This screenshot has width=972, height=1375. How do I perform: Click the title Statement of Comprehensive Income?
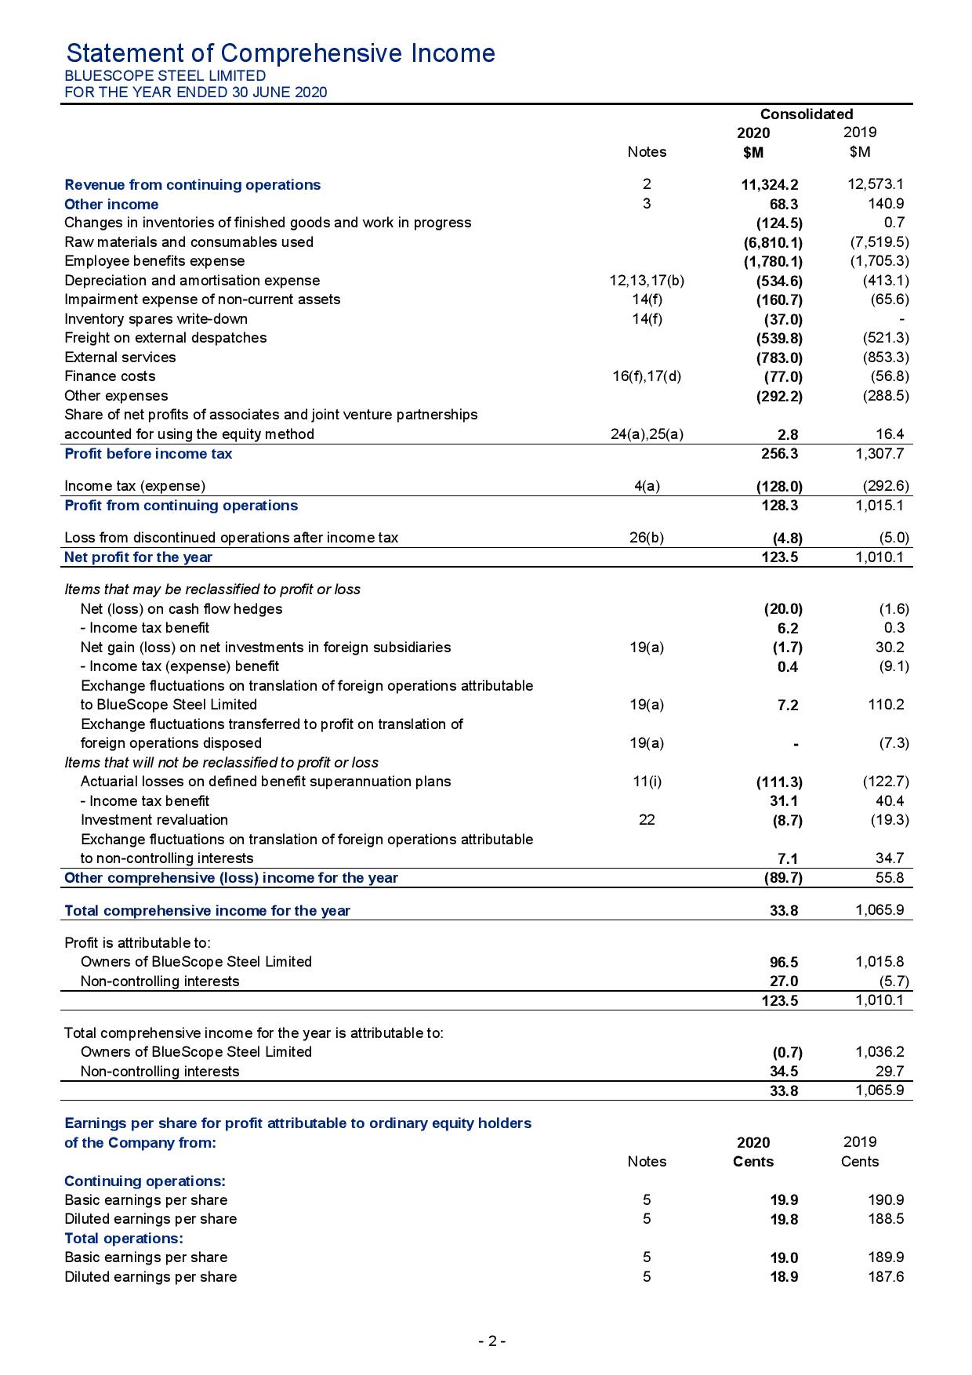[281, 53]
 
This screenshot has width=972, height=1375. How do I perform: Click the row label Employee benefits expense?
[154, 261]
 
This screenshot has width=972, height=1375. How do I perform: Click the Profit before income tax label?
[148, 454]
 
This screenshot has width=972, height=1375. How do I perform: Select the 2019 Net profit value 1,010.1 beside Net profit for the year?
[880, 557]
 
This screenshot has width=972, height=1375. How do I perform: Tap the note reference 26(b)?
[647, 538]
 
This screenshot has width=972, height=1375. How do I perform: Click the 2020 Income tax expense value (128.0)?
[778, 486]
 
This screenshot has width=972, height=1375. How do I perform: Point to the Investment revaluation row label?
[154, 820]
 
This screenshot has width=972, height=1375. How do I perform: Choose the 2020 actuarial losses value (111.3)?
[778, 782]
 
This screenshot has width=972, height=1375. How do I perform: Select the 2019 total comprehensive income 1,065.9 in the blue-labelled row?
[880, 911]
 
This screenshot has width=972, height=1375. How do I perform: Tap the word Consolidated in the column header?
[806, 114]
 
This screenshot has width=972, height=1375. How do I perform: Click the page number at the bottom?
[491, 1341]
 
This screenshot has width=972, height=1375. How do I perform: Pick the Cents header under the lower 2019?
[859, 1162]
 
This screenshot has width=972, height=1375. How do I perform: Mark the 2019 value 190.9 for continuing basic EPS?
[887, 1200]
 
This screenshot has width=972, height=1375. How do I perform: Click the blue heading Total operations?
[123, 1239]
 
